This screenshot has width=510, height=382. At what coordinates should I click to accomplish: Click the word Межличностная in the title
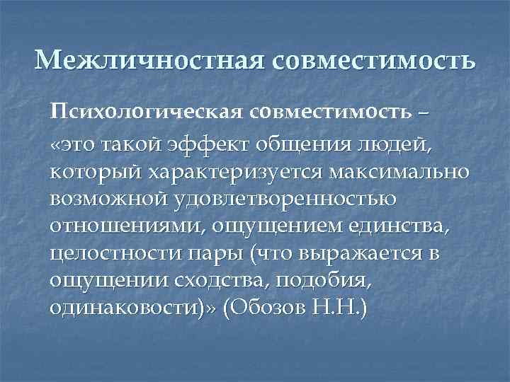click(149, 60)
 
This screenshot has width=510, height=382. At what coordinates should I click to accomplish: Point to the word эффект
click(208, 145)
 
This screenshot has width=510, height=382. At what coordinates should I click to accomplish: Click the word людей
click(395, 145)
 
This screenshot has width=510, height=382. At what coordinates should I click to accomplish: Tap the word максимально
click(399, 172)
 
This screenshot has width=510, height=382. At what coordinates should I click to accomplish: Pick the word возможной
click(109, 199)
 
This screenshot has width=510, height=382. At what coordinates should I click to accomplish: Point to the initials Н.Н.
click(336, 307)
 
